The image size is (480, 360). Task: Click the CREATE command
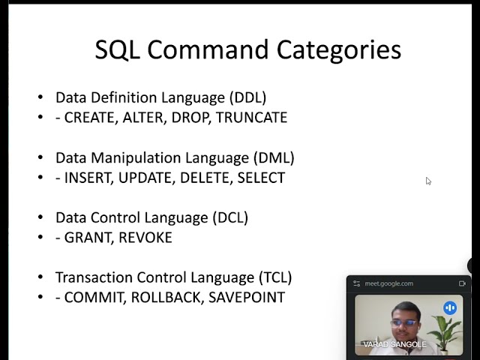point(91,118)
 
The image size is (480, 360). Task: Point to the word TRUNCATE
point(251,118)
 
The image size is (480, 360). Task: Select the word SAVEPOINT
point(247,298)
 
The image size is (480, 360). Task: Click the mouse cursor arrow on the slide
point(428,181)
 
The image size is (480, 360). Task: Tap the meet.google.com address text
point(388,283)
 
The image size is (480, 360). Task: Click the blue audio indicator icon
point(450,307)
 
